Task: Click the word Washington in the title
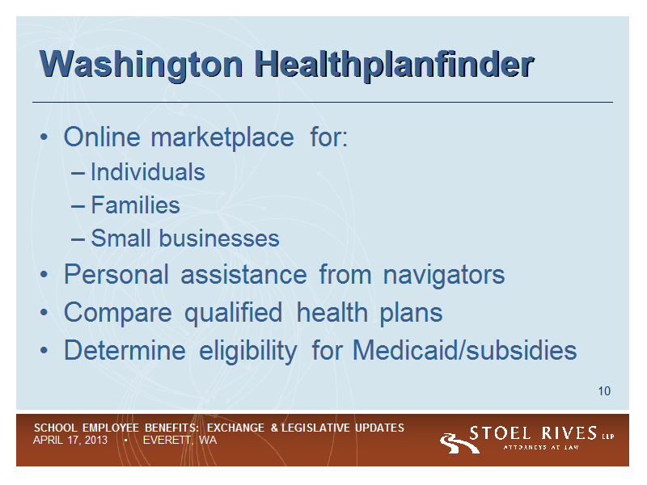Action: [x=141, y=65]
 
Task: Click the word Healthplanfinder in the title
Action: [x=394, y=64]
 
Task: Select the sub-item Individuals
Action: [x=148, y=171]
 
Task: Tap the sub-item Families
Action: [x=135, y=205]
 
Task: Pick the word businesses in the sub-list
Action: [x=219, y=238]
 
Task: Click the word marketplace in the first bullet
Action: [x=222, y=137]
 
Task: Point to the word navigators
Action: [x=444, y=276]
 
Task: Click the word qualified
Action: [x=233, y=313]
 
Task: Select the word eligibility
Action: [x=248, y=351]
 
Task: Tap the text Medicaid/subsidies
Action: [x=464, y=350]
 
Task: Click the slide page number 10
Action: [x=604, y=391]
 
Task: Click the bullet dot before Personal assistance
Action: [x=44, y=275]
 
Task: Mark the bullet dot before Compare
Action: [x=44, y=313]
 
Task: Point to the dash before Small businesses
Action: [x=78, y=239]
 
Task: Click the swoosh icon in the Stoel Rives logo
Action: [x=459, y=443]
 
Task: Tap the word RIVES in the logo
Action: [x=569, y=433]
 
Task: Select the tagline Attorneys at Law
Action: [x=541, y=448]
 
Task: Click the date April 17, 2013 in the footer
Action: [x=70, y=441]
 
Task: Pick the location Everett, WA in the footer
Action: [x=180, y=441]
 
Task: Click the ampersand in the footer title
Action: [x=274, y=428]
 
